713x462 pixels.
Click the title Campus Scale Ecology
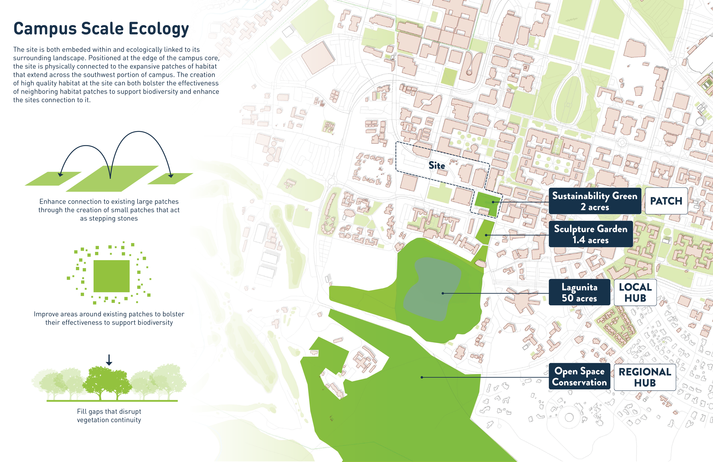[101, 29]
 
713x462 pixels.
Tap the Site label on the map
[436, 165]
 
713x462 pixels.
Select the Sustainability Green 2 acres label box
[595, 201]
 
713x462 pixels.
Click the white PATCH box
[666, 201]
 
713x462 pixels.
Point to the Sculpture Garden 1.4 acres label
[590, 234]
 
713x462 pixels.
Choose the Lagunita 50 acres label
[579, 292]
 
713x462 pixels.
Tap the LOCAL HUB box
[635, 292]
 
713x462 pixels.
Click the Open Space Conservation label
[579, 377]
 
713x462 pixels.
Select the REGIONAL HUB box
[645, 377]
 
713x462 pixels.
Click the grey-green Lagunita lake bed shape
[432, 288]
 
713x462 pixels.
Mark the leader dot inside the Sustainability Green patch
[493, 202]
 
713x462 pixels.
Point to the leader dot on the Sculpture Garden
[486, 235]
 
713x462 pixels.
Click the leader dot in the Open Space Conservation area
[422, 377]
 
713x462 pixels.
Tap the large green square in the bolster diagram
[112, 276]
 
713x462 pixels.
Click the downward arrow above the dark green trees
[109, 360]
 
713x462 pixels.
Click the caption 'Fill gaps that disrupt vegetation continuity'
[109, 415]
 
